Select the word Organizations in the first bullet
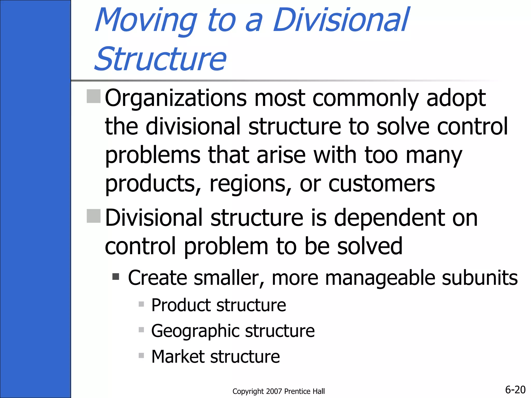point(176,98)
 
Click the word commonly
point(366,98)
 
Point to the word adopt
point(456,98)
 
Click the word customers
point(382,184)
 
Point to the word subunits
point(480,278)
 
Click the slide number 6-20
point(515,390)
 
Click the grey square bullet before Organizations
point(94,96)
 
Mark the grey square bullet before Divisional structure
point(94,216)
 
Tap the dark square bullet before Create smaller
point(116,277)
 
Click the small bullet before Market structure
point(141,355)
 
